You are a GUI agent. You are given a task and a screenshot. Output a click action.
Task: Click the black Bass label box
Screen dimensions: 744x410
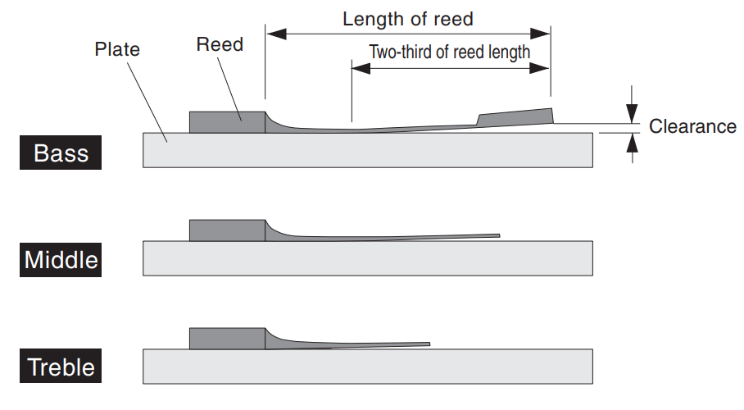(61, 153)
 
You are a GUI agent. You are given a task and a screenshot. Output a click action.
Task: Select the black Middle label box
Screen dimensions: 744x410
(61, 260)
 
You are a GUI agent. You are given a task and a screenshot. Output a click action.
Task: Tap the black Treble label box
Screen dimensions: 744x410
(61, 366)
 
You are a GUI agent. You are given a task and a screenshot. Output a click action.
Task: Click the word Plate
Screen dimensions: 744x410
(117, 49)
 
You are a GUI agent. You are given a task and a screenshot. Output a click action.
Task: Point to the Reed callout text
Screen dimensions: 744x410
(220, 44)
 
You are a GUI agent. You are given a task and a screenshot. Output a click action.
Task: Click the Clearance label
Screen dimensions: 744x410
(692, 126)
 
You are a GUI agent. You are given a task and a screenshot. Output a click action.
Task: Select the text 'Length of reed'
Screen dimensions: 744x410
(408, 19)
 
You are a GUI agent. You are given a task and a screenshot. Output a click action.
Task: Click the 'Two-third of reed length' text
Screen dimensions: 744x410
(449, 52)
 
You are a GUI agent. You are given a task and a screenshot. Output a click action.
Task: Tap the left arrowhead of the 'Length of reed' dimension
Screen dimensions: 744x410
(276, 34)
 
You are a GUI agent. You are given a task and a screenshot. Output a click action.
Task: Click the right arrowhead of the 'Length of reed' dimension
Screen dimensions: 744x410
(540, 34)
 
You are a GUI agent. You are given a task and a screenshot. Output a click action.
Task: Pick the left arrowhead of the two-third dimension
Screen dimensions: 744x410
(361, 68)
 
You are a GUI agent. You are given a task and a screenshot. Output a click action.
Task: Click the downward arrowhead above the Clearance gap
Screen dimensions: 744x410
(632, 113)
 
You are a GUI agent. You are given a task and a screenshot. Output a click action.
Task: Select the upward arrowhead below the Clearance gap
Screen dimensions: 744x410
(632, 143)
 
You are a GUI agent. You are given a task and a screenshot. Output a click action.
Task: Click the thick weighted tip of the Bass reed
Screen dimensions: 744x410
(515, 117)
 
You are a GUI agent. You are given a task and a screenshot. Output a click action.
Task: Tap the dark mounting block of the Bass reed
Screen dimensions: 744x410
(227, 122)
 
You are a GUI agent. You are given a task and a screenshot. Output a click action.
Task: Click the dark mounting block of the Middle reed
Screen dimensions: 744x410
(227, 230)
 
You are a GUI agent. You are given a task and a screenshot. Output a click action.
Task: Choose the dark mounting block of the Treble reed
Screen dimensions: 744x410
(227, 339)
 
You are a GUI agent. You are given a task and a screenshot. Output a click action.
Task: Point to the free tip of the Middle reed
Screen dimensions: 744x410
(499, 235)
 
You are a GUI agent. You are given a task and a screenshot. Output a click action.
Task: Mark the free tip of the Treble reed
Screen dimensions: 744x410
(429, 344)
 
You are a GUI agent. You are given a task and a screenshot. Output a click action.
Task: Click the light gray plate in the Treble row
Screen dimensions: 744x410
(368, 367)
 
